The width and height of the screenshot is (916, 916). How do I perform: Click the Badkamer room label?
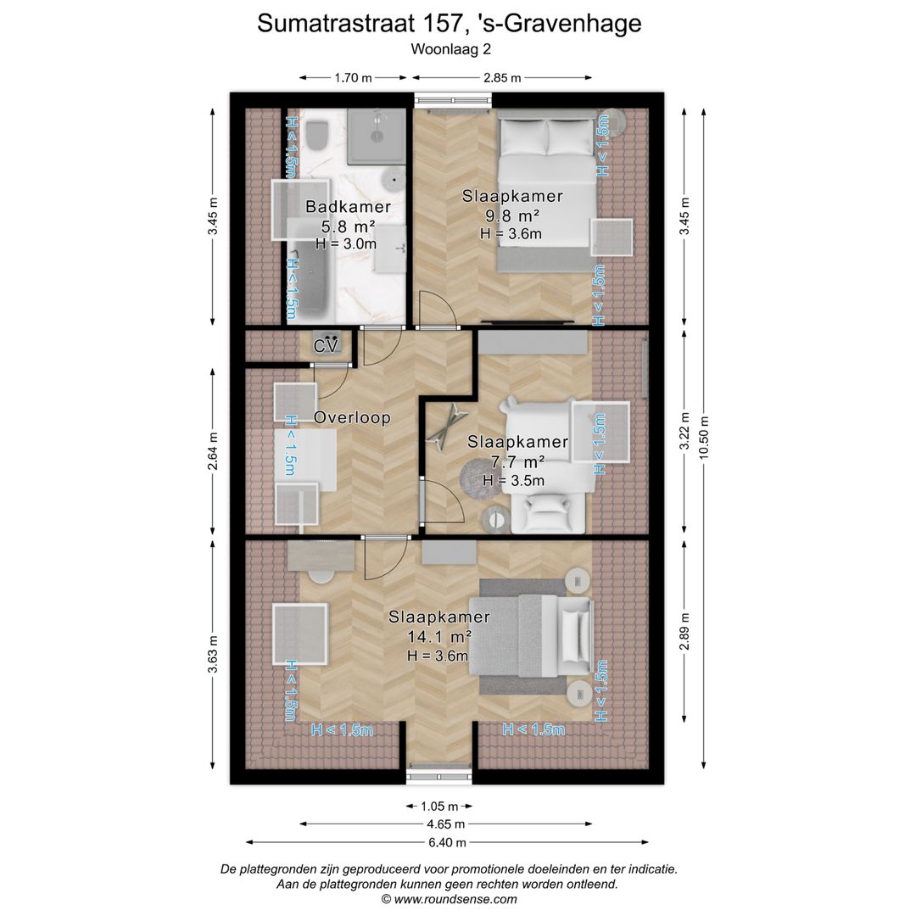349,206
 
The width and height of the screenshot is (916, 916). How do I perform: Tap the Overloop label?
352,417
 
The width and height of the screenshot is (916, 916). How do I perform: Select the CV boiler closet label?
326,346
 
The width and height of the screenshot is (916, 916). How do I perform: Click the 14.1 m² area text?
439,636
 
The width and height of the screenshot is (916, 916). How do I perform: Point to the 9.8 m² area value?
511,215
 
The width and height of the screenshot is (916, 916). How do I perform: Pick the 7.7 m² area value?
517,461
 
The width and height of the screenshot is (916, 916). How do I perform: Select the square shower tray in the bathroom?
377,136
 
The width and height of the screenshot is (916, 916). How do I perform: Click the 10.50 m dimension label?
704,437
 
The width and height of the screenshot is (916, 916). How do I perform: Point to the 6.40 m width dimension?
447,842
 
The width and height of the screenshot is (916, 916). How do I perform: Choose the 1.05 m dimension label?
439,807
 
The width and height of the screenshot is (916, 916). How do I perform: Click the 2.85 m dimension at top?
502,78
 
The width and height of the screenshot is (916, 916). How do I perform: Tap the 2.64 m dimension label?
213,450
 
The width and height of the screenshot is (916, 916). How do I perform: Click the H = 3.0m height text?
346,243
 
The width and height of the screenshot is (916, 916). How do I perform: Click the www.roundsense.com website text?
455,899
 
